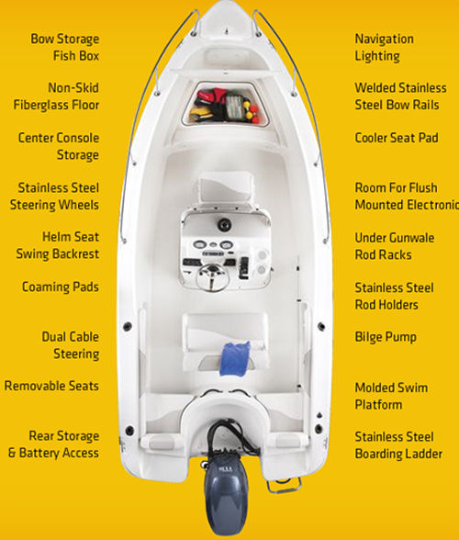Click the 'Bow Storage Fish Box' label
pyautogui.click(x=65, y=47)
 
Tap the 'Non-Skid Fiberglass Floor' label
pyautogui.click(x=56, y=96)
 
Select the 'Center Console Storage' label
pyautogui.click(x=59, y=146)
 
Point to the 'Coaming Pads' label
pyautogui.click(x=61, y=287)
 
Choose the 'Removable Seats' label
pyautogui.click(x=51, y=386)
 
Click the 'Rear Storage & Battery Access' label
pyautogui.click(x=54, y=444)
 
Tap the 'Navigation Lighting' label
pyautogui.click(x=385, y=48)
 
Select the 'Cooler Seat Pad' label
pyautogui.click(x=397, y=138)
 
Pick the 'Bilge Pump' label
pyautogui.click(x=386, y=337)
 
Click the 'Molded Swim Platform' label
pyautogui.click(x=391, y=396)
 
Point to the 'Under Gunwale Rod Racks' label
pyautogui.click(x=395, y=246)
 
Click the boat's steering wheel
pyautogui.click(x=212, y=278)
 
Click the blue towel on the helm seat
pyautogui.click(x=234, y=358)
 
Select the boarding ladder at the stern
pyautogui.click(x=284, y=485)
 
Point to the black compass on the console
pyautogui.click(x=224, y=224)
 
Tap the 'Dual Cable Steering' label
pyautogui.click(x=71, y=345)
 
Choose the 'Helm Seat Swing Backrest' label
pyautogui.click(x=58, y=245)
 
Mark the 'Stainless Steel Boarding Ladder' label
pyautogui.click(x=398, y=444)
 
